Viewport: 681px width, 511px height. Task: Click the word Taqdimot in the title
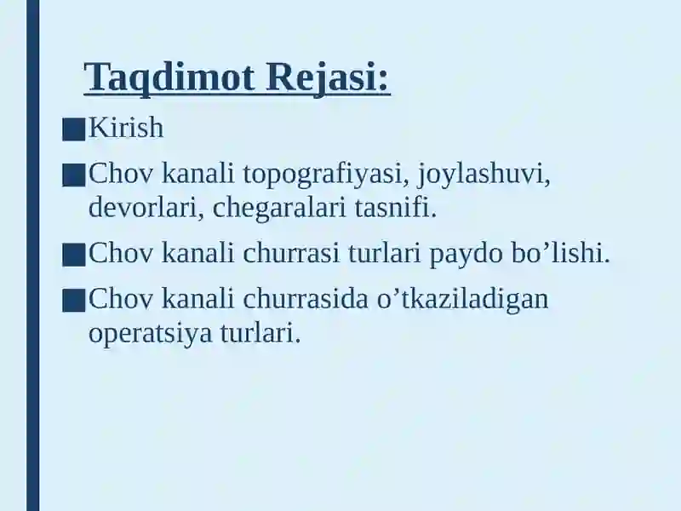[169, 78]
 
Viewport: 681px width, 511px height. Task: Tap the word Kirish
[126, 128]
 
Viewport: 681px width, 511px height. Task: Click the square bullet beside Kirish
[73, 130]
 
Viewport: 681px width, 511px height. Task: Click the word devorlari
[146, 208]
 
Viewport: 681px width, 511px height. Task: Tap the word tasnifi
[395, 208]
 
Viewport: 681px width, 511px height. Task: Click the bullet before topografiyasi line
[73, 175]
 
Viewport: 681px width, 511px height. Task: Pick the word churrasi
[291, 253]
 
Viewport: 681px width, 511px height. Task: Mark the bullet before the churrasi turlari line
[73, 255]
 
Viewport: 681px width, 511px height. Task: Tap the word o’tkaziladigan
[462, 300]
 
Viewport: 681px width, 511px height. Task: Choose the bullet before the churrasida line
[73, 301]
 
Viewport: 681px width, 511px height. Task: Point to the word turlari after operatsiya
[260, 333]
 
